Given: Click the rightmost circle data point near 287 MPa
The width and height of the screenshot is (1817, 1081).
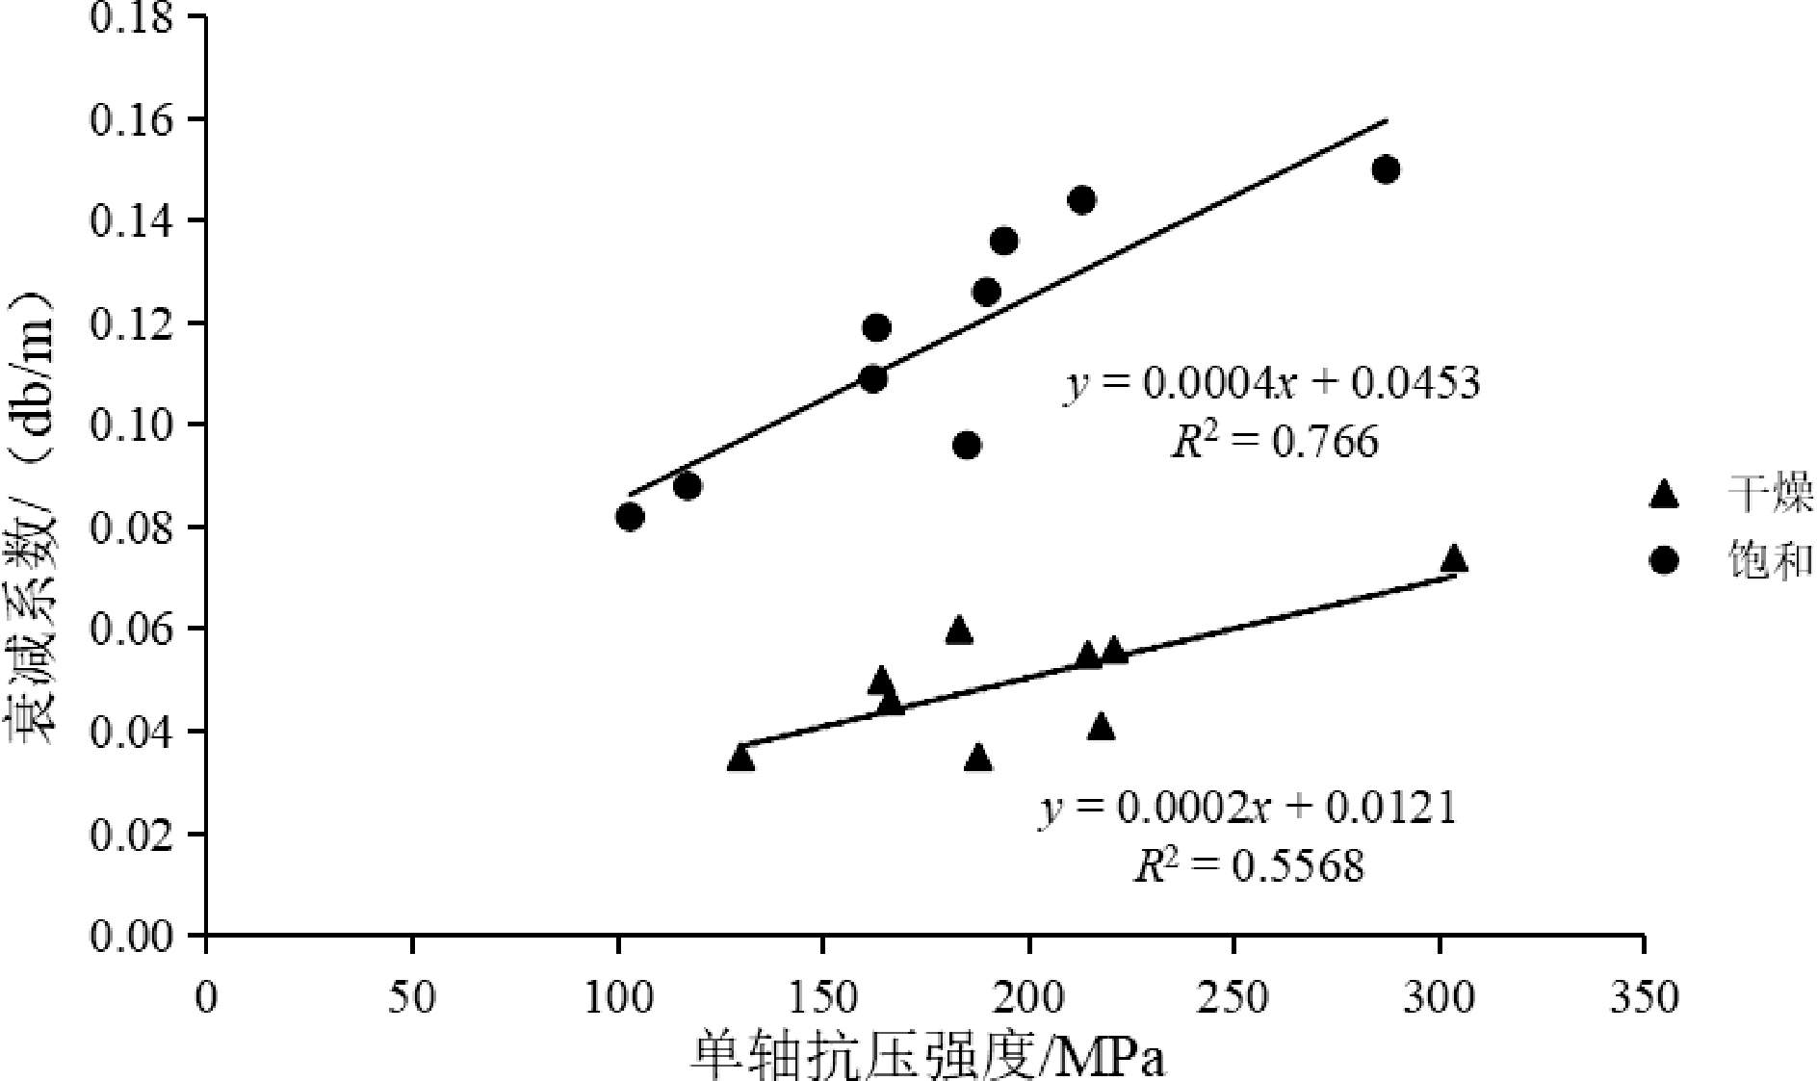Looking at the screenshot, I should tap(1386, 169).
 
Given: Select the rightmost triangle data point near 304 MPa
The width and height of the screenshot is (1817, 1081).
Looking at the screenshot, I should tap(1454, 558).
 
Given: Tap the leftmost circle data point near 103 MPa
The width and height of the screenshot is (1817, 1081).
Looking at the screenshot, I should tap(630, 517).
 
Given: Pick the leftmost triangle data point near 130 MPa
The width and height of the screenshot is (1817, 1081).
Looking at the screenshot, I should tap(740, 758).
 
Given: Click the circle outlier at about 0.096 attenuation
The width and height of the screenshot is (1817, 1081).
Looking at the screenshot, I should tap(967, 445).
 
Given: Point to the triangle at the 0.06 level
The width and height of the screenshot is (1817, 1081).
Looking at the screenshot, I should tap(958, 631).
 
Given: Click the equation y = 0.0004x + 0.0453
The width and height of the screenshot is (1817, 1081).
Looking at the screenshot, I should tap(1271, 383).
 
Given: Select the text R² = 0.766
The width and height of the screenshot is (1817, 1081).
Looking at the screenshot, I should tap(1273, 442).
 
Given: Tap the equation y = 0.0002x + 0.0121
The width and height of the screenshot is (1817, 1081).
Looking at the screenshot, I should tap(1247, 808).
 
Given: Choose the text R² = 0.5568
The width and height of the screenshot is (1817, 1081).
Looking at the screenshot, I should tap(1248, 867).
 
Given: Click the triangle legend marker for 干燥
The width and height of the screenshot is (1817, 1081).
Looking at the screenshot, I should tap(1664, 496).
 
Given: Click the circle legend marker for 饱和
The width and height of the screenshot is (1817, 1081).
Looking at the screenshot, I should tap(1664, 560).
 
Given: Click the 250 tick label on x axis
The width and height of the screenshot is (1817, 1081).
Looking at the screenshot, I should tap(1235, 997).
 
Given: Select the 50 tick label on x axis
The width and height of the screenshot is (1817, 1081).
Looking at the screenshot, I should tap(412, 997).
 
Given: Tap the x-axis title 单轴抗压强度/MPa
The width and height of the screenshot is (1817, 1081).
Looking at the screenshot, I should tap(927, 1057).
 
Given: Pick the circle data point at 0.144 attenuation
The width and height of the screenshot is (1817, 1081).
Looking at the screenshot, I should tap(1081, 200).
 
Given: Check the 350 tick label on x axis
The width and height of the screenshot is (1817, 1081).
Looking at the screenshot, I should tap(1645, 997).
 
